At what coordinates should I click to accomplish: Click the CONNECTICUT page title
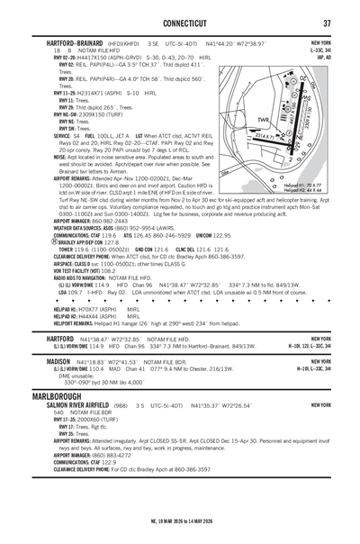[x=179, y=23]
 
